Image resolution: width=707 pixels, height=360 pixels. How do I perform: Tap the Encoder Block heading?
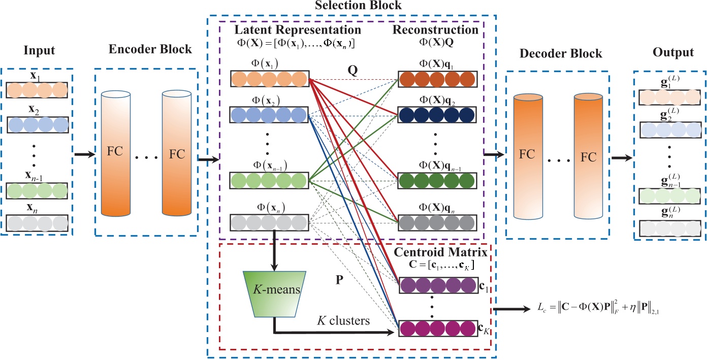[x=150, y=49]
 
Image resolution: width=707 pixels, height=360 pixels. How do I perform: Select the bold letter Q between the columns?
[x=352, y=71]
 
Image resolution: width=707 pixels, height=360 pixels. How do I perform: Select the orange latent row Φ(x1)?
[x=270, y=79]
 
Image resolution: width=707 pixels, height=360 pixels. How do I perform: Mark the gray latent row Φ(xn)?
[x=270, y=222]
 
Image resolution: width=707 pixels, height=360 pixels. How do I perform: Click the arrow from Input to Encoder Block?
[x=84, y=154]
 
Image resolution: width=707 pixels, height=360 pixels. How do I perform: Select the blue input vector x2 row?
[x=37, y=124]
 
